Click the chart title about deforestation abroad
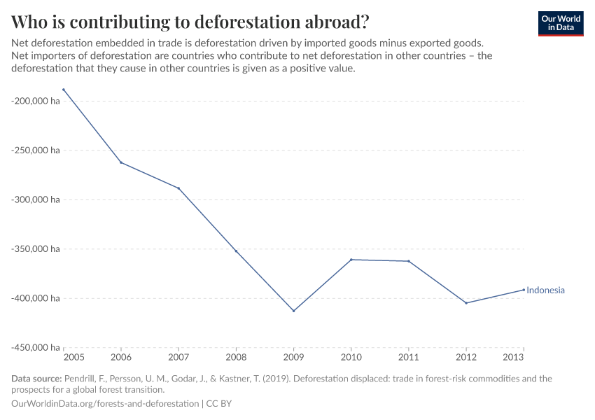click(x=190, y=21)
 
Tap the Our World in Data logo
click(x=560, y=23)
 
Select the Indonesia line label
click(x=545, y=290)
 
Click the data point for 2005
click(x=64, y=90)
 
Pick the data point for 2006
click(x=121, y=162)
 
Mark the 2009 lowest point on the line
click(x=293, y=311)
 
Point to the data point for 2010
click(x=351, y=260)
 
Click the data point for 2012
click(x=466, y=303)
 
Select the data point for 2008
click(x=236, y=251)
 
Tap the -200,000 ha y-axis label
click(x=35, y=101)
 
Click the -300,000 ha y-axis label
click(x=35, y=199)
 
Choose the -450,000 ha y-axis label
click(x=35, y=347)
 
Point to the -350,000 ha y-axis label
click(x=35, y=248)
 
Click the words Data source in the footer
click(x=36, y=379)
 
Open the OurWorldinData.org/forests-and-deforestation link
click(x=105, y=404)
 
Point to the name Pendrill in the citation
click(x=80, y=379)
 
